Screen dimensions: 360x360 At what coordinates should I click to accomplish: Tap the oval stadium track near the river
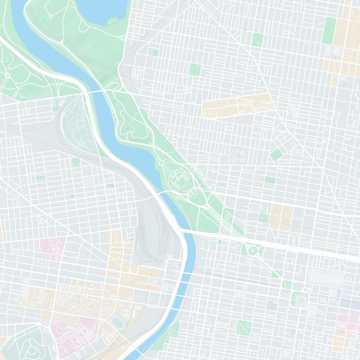click(x=118, y=322)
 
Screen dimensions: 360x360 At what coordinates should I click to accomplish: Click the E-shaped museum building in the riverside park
click(x=179, y=182)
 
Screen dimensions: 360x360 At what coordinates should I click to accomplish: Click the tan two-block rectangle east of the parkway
click(x=282, y=216)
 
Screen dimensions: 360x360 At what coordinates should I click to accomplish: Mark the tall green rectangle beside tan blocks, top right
click(x=329, y=31)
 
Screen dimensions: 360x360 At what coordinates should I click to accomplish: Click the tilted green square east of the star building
click(x=276, y=155)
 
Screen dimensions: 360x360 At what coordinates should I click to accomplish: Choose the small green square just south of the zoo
click(x=76, y=162)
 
